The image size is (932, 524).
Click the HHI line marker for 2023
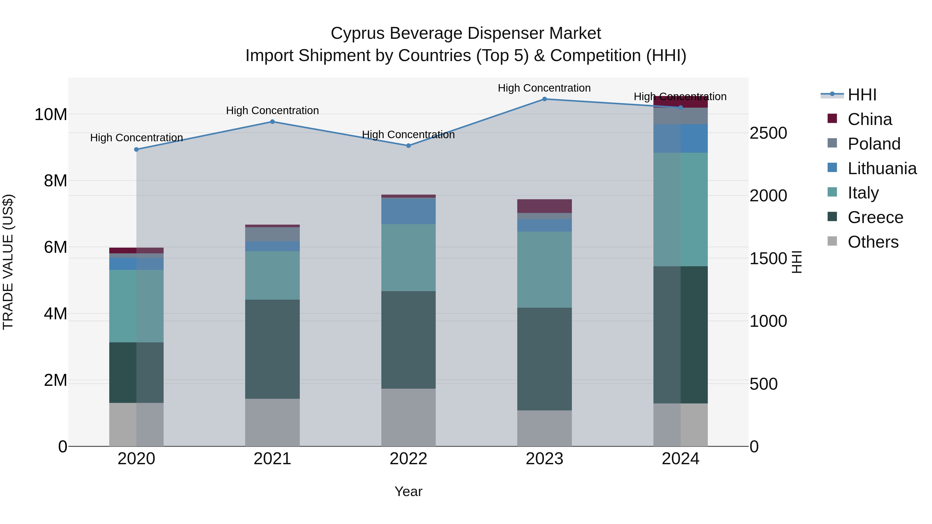point(544,99)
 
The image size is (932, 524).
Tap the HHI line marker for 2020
point(136,149)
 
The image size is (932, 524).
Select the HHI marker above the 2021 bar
point(272,122)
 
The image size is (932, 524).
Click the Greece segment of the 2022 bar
point(409,340)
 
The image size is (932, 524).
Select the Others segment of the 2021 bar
point(272,422)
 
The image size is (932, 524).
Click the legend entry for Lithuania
point(882,168)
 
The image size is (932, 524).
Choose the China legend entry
point(869,119)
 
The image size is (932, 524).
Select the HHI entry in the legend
point(861,95)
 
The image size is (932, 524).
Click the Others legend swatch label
point(873,242)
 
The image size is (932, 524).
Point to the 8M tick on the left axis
point(55,180)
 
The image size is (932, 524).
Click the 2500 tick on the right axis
point(768,133)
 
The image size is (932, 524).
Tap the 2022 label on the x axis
point(409,459)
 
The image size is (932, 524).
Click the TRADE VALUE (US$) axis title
point(8,262)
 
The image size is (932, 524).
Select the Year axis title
point(409,491)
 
